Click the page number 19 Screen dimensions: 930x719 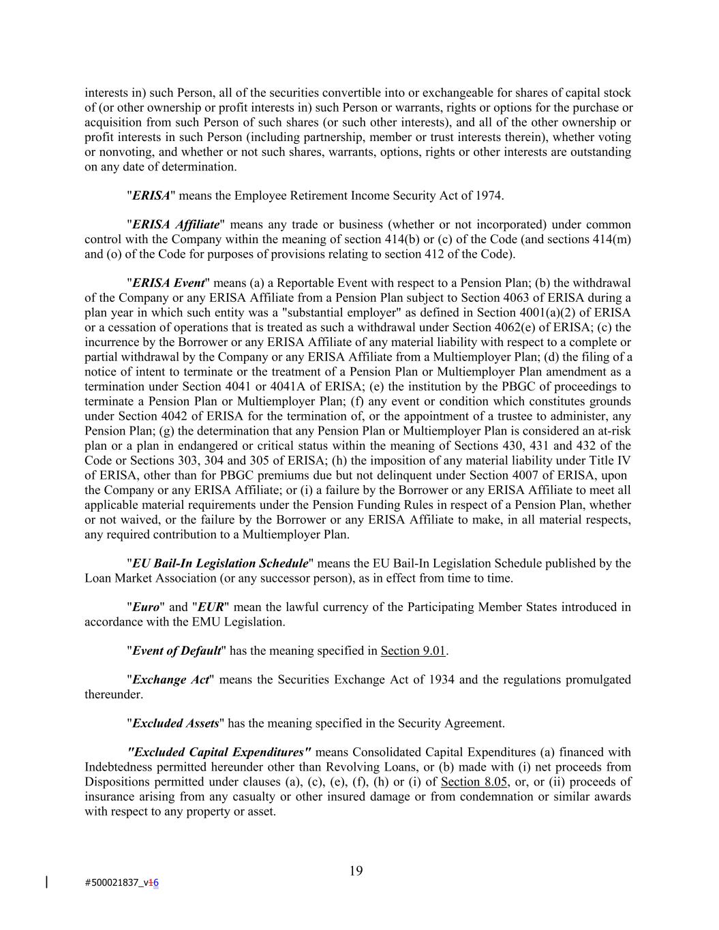coord(356,871)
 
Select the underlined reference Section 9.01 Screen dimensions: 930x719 coord(413,651)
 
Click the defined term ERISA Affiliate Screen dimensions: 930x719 coord(176,225)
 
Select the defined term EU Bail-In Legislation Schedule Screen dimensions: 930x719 coord(220,563)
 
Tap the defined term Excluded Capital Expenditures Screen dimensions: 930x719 coord(219,752)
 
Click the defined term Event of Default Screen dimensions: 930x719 coord(177,651)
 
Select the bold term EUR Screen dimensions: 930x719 coord(210,607)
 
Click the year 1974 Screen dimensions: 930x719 coord(489,196)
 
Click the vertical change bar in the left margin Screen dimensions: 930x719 coord(46,882)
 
